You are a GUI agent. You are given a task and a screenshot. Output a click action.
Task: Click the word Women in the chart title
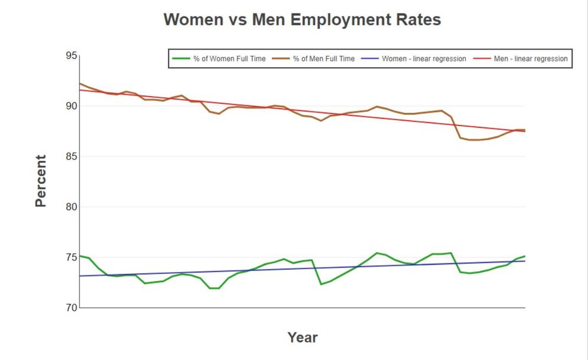pyautogui.click(x=192, y=19)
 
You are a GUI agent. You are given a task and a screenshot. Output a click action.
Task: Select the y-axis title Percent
pyautogui.click(x=41, y=181)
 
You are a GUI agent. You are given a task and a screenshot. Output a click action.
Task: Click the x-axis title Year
pyautogui.click(x=302, y=338)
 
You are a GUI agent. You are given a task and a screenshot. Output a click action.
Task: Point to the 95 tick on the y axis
pyautogui.click(x=71, y=56)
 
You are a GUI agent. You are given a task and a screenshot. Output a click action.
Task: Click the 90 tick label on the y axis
pyautogui.click(x=71, y=106)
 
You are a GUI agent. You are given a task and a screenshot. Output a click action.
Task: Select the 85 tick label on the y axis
pyautogui.click(x=71, y=157)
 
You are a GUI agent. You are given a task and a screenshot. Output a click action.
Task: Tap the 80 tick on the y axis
pyautogui.click(x=71, y=207)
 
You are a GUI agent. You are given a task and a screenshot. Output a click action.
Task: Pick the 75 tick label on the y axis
pyautogui.click(x=71, y=257)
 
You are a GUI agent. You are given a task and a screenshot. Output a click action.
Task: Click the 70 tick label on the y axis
pyautogui.click(x=71, y=308)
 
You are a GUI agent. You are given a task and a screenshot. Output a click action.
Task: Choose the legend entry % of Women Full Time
pyautogui.click(x=229, y=59)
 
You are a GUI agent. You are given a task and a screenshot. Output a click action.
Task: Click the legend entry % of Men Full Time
pyautogui.click(x=323, y=59)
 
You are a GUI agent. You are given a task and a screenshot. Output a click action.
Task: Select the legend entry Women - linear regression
pyautogui.click(x=424, y=59)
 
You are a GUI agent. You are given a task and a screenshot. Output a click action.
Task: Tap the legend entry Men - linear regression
pyautogui.click(x=531, y=59)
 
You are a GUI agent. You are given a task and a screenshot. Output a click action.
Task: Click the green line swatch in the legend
pyautogui.click(x=181, y=59)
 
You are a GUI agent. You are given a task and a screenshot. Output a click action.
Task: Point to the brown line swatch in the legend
pyautogui.click(x=280, y=59)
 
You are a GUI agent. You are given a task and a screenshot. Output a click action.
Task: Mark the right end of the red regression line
pyautogui.click(x=524, y=131)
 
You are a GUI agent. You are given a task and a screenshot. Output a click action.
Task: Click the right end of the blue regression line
pyautogui.click(x=524, y=261)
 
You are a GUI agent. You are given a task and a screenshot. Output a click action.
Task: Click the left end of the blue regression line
pyautogui.click(x=80, y=276)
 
